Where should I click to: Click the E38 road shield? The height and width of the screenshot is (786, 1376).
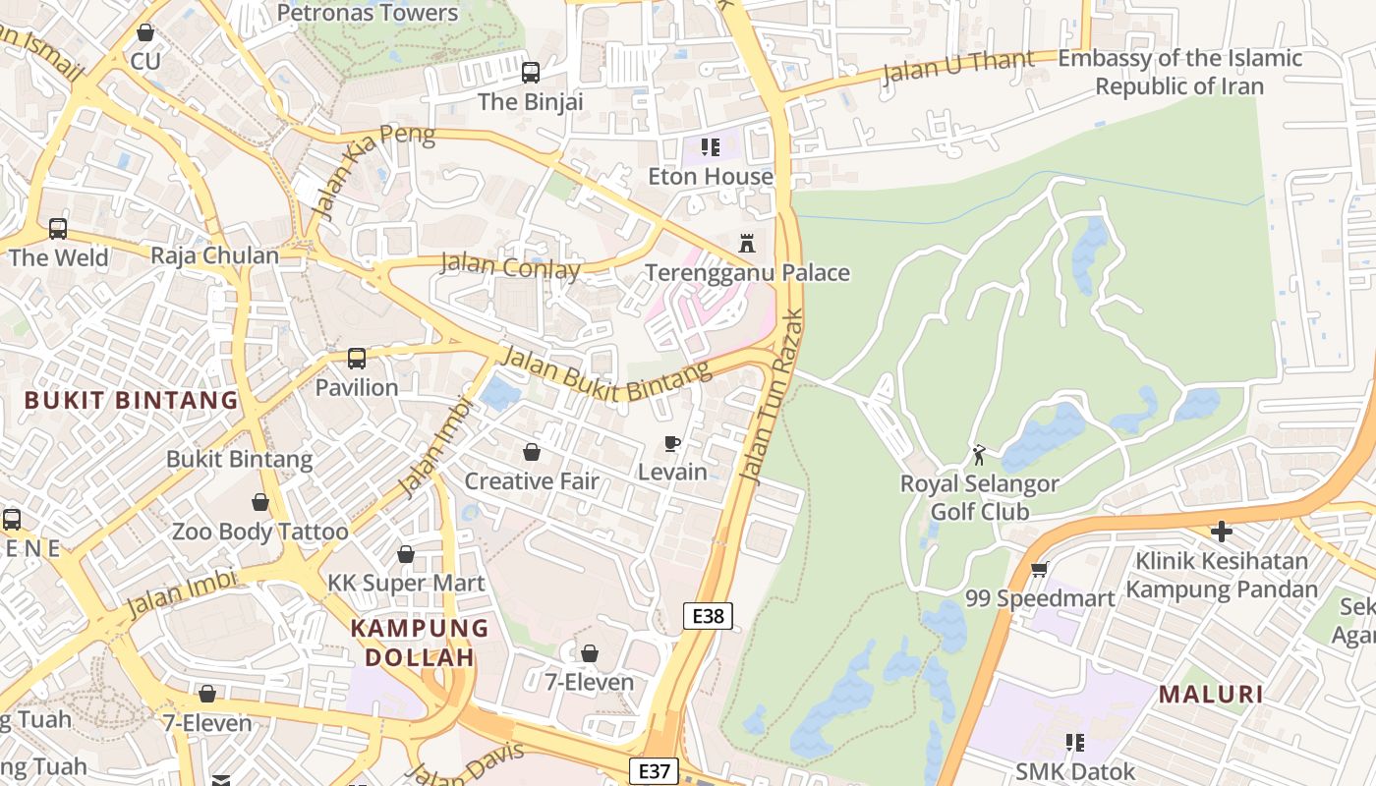pyautogui.click(x=708, y=616)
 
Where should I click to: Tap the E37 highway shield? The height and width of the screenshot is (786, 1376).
pyautogui.click(x=654, y=771)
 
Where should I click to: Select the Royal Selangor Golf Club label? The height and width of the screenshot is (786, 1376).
pyautogui.click(x=980, y=497)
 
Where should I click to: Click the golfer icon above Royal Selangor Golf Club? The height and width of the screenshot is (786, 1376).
pyautogui.click(x=979, y=454)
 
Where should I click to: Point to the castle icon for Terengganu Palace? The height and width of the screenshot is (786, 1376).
pyautogui.click(x=747, y=243)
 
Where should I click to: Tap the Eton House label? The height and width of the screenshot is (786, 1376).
pyautogui.click(x=711, y=177)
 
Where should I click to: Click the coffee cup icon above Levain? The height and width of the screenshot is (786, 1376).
pyautogui.click(x=672, y=444)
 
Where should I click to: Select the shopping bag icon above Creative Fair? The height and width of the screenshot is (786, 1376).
pyautogui.click(x=532, y=452)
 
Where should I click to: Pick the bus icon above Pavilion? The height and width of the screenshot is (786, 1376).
pyautogui.click(x=357, y=359)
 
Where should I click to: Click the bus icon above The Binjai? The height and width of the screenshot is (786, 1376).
pyautogui.click(x=531, y=72)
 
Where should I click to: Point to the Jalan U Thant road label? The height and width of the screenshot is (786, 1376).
pyautogui.click(x=958, y=66)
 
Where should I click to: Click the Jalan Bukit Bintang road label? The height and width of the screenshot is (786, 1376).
pyautogui.click(x=605, y=374)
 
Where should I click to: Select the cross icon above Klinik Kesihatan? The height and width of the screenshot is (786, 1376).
pyautogui.click(x=1222, y=532)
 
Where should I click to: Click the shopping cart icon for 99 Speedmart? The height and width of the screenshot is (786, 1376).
pyautogui.click(x=1039, y=569)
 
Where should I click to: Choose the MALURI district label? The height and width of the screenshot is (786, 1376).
pyautogui.click(x=1210, y=695)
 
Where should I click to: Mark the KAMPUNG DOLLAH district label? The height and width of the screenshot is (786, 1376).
pyautogui.click(x=420, y=643)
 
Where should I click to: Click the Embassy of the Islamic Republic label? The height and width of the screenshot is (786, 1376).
pyautogui.click(x=1179, y=73)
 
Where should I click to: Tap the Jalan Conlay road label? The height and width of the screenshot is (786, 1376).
pyautogui.click(x=510, y=265)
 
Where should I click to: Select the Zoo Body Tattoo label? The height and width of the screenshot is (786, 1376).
pyautogui.click(x=260, y=532)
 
